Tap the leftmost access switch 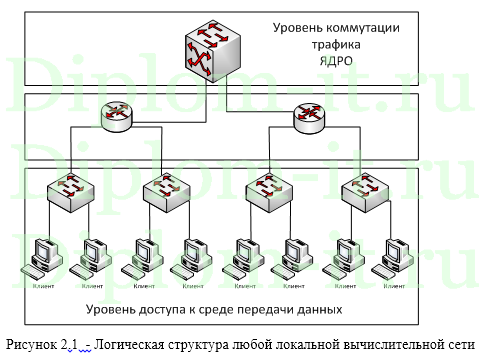coord(70,188)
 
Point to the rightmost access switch coord(359,188)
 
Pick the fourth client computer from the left coord(192,256)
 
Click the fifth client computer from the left coord(244,256)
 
